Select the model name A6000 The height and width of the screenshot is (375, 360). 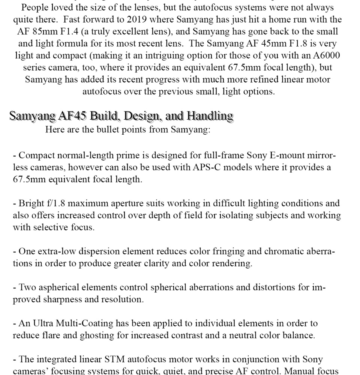pos(326,55)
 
